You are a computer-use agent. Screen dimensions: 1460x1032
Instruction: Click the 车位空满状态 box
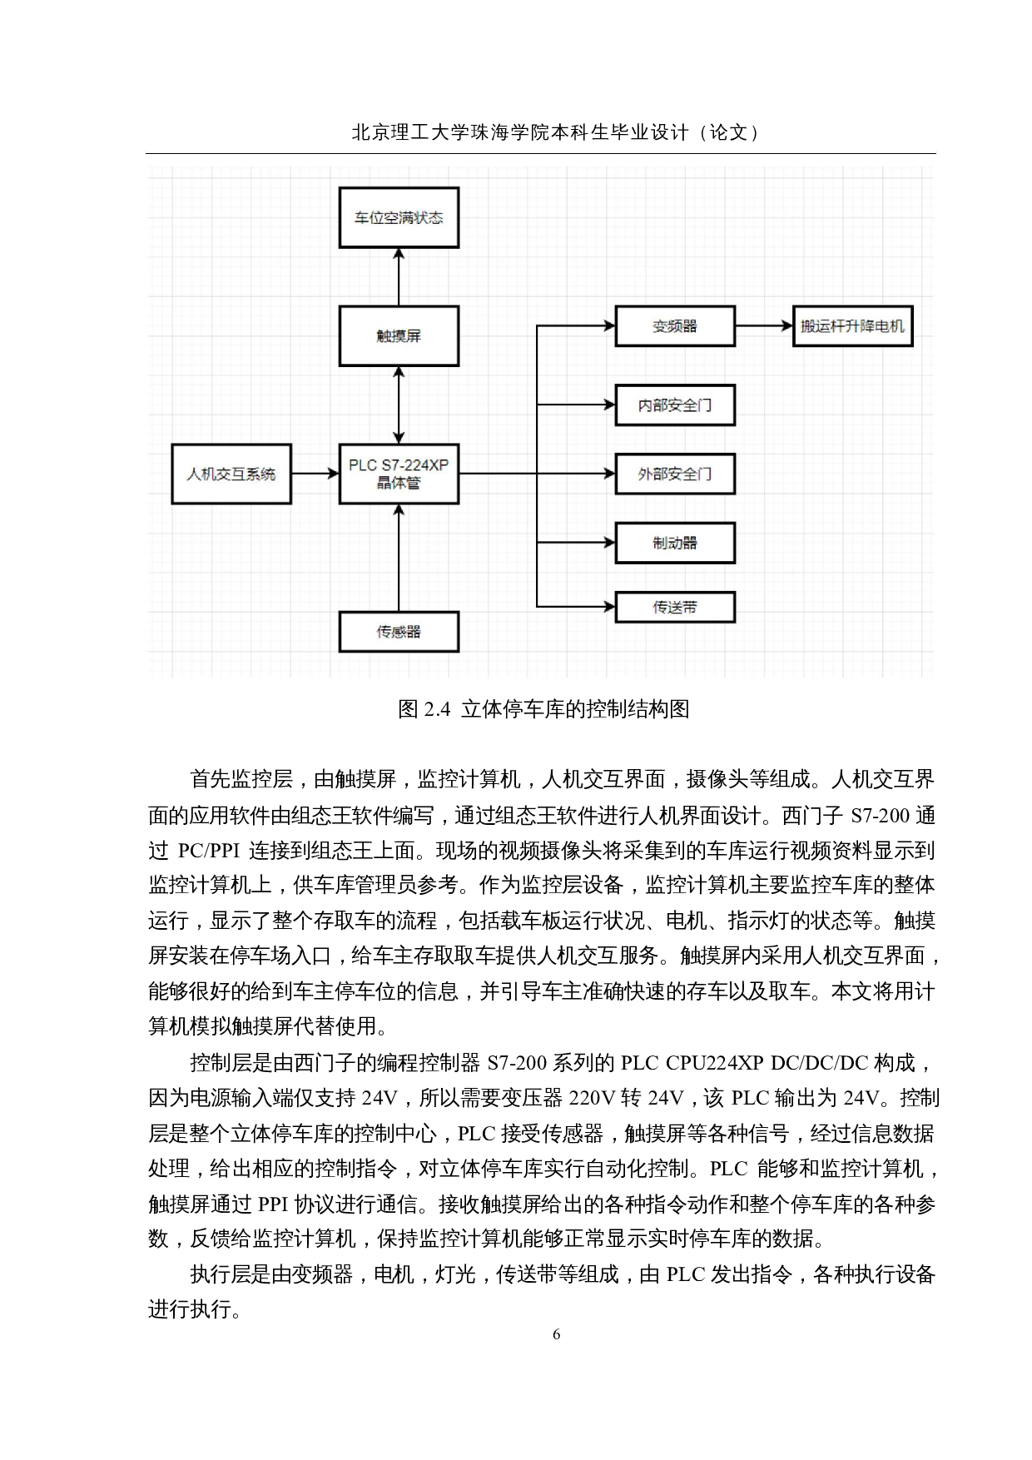click(399, 218)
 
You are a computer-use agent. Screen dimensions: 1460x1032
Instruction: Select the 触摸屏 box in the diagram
click(399, 336)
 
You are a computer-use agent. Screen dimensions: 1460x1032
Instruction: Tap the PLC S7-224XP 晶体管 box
click(399, 474)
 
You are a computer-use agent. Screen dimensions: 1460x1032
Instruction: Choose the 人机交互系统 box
click(231, 474)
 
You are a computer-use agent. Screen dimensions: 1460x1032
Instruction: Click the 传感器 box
click(399, 632)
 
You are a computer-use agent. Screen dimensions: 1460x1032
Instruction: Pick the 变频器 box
click(674, 326)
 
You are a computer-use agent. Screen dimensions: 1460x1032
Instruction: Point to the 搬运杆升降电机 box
click(852, 326)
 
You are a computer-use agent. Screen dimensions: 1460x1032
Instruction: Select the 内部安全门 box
click(674, 405)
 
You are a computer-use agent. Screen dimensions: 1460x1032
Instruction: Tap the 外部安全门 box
click(674, 474)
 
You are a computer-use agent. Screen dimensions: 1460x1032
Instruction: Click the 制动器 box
click(674, 543)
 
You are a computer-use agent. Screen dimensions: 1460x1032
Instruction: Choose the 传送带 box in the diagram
click(674, 608)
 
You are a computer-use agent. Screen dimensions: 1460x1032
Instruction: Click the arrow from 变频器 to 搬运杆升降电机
click(763, 326)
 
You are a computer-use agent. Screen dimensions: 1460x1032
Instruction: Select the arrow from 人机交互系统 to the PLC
click(315, 474)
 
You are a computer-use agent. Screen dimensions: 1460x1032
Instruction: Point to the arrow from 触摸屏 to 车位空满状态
click(399, 276)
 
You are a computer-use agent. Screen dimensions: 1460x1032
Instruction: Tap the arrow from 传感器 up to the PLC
click(399, 558)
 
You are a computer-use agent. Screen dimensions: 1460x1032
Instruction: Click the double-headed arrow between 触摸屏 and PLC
click(399, 405)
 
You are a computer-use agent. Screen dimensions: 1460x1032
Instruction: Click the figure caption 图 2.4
click(543, 709)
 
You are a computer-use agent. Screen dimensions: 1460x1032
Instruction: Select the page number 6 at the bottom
click(556, 1334)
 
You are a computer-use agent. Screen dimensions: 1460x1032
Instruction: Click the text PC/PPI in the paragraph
click(208, 851)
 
